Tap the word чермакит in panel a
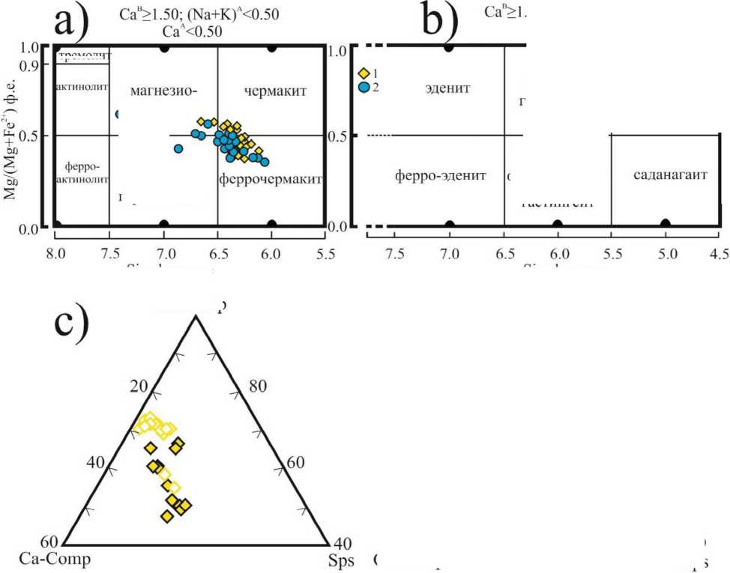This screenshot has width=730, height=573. [x=276, y=91]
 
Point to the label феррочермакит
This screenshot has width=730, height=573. [x=271, y=180]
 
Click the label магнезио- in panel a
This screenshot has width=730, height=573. [x=163, y=91]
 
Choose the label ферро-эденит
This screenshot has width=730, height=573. [x=440, y=176]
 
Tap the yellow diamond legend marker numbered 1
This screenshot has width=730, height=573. [x=364, y=73]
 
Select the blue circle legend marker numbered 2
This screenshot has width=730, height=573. [x=364, y=87]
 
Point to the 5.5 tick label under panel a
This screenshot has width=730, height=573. [x=325, y=253]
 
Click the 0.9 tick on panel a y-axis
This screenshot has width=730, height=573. [x=29, y=65]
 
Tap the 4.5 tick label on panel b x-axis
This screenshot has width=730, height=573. [x=719, y=253]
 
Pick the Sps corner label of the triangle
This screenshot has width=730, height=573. [x=340, y=560]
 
